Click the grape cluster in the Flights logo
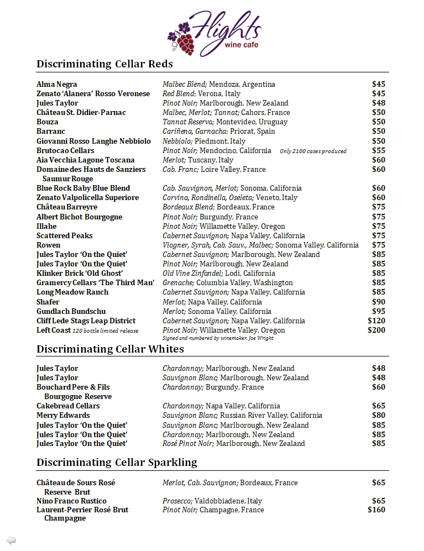tap(181, 39)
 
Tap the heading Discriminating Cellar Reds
tap(104, 64)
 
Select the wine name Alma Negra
tap(57, 85)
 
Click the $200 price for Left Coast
tap(376, 330)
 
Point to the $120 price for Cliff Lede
tap(376, 321)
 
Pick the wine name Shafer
tap(48, 302)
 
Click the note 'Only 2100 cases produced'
tap(313, 151)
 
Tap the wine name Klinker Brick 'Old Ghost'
tap(80, 274)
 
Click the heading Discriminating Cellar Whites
tap(110, 349)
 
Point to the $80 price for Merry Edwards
tap(379, 416)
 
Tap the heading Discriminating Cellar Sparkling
tap(117, 463)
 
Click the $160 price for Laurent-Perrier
tap(376, 510)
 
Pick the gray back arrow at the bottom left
tap(11, 540)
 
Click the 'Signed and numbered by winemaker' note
tap(218, 338)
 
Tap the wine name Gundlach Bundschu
tap(71, 312)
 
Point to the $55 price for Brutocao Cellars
tap(379, 151)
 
